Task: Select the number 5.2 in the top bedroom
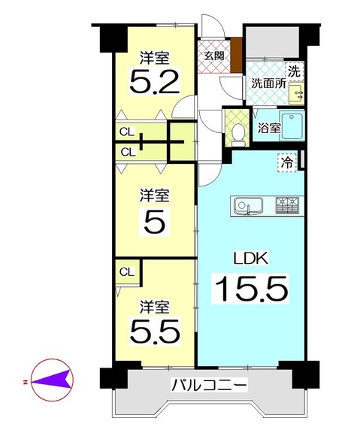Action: pyautogui.click(x=155, y=80)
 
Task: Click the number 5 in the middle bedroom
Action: pyautogui.click(x=154, y=222)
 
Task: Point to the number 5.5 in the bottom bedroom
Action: pyautogui.click(x=155, y=331)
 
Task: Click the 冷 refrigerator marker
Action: pyautogui.click(x=287, y=161)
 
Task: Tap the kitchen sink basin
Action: pyautogui.click(x=247, y=205)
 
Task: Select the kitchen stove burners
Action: pyautogui.click(x=289, y=204)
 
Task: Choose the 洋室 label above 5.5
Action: pyautogui.click(x=155, y=306)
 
